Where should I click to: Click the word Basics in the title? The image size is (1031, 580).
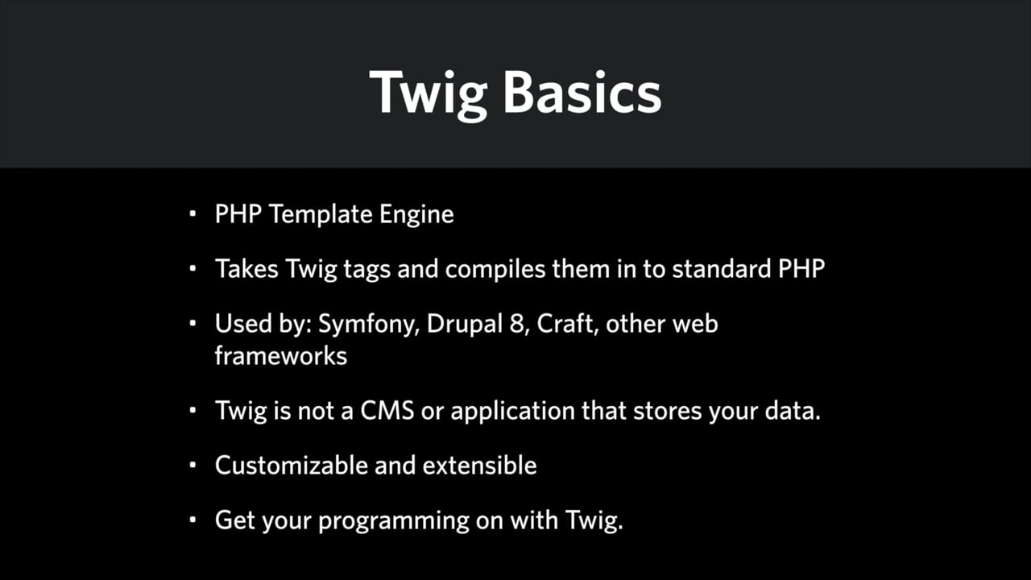[x=582, y=92]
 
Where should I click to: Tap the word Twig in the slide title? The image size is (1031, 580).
[x=428, y=95]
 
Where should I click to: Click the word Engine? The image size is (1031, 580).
[x=416, y=215]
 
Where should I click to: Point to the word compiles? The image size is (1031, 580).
[x=495, y=269]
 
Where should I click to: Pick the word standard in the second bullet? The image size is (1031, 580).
[x=722, y=268]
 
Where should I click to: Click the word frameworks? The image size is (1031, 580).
[x=281, y=356]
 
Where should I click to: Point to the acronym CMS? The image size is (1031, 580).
[x=387, y=411]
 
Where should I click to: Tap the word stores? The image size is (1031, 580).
[x=668, y=411]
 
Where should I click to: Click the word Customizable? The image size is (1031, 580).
[x=291, y=466]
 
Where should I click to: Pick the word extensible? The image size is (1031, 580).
[x=479, y=466]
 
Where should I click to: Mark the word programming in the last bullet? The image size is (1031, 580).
[x=394, y=521]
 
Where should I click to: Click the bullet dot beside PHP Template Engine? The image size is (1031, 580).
[x=193, y=213]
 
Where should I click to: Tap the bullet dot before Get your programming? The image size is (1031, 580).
[x=193, y=520]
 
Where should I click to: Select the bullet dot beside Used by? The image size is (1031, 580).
[x=193, y=323]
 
